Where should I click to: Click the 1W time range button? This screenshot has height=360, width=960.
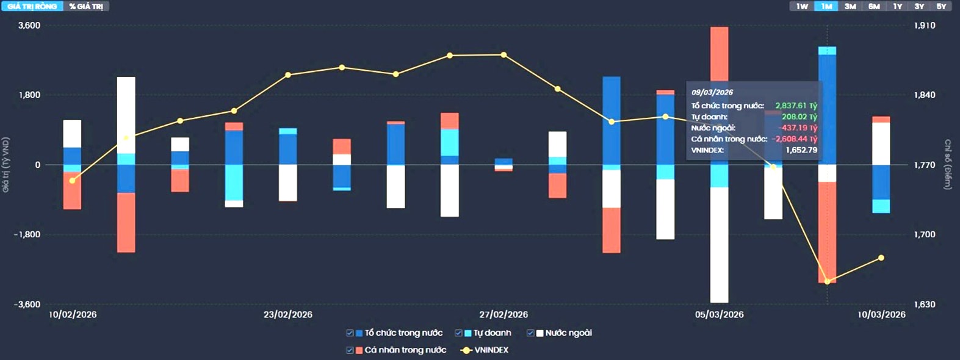(x=802, y=6)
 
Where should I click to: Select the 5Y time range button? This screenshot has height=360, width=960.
(x=941, y=6)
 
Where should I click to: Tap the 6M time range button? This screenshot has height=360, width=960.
(x=874, y=6)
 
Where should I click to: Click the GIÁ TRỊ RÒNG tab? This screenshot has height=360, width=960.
(x=32, y=6)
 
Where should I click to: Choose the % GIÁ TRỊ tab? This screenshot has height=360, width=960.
(x=86, y=6)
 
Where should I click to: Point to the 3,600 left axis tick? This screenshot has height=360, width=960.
(x=29, y=26)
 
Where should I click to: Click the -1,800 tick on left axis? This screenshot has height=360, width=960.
(x=27, y=234)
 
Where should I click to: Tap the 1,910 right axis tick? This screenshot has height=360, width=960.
(x=925, y=26)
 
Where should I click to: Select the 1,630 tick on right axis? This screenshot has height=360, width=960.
(x=925, y=304)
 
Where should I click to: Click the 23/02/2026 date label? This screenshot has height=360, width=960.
(x=287, y=314)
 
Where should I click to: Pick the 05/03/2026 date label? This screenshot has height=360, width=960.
(x=719, y=314)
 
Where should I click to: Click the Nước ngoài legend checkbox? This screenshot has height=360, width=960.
(x=530, y=333)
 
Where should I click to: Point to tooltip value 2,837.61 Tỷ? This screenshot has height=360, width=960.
(x=796, y=106)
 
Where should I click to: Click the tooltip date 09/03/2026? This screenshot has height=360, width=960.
(x=712, y=92)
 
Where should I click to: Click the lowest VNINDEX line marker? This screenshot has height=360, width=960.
(x=827, y=281)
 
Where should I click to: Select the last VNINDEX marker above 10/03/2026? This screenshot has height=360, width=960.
(x=881, y=257)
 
